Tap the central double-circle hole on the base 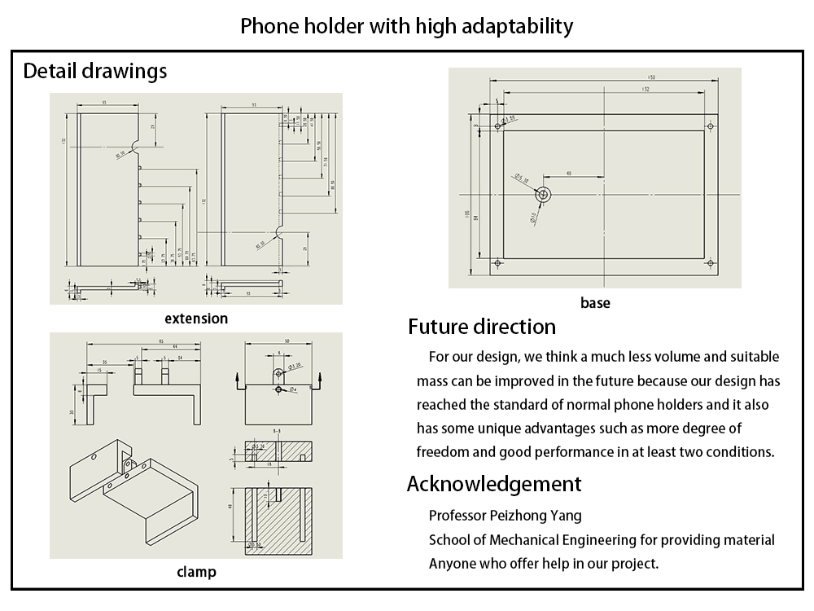[543, 195]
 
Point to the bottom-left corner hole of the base [497, 264]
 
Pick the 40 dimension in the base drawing [568, 173]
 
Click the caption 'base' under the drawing [595, 303]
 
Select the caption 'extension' [196, 318]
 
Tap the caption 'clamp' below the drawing [196, 572]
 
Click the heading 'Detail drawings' [95, 71]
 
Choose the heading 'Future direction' [482, 327]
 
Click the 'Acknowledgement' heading [494, 484]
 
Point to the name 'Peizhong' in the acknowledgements [519, 515]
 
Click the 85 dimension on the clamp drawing [162, 341]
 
